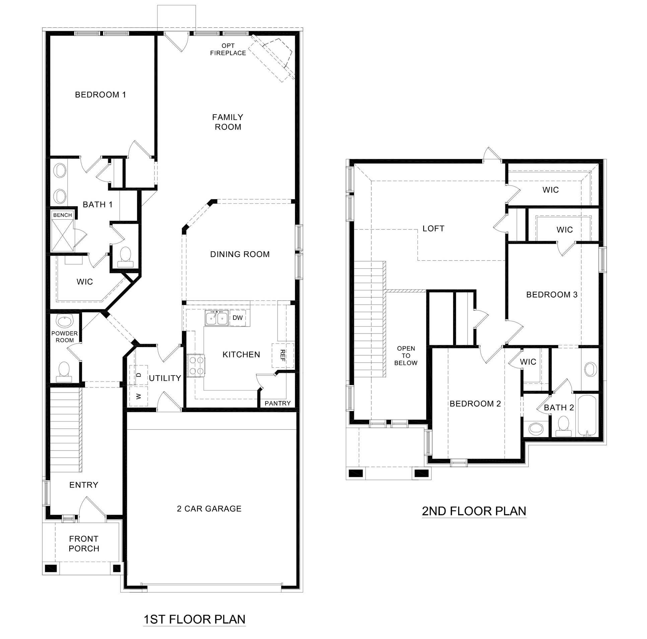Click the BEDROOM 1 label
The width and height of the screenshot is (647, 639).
(100, 95)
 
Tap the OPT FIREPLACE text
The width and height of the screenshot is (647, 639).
(228, 49)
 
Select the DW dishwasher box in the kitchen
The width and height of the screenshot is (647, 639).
(237, 318)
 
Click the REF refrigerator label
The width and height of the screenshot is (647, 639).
(282, 355)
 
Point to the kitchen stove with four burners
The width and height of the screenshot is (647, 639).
(196, 366)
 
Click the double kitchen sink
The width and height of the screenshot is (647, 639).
(217, 318)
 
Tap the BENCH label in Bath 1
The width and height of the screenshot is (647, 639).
(63, 215)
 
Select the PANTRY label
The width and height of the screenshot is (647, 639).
(278, 403)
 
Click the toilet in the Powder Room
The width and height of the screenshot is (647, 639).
(64, 371)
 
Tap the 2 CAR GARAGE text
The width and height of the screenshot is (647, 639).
(209, 509)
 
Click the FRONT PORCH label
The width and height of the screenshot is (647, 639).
(84, 544)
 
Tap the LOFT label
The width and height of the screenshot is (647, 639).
(433, 228)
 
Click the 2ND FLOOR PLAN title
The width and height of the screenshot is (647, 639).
(474, 511)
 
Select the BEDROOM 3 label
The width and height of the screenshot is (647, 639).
(552, 295)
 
